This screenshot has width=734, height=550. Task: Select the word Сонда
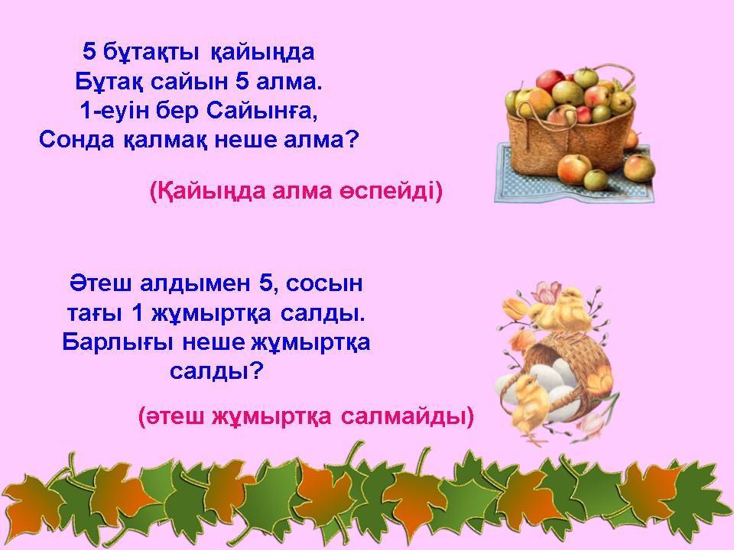76,140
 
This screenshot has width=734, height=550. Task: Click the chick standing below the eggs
528,405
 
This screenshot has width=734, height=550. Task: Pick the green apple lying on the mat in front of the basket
596,180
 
